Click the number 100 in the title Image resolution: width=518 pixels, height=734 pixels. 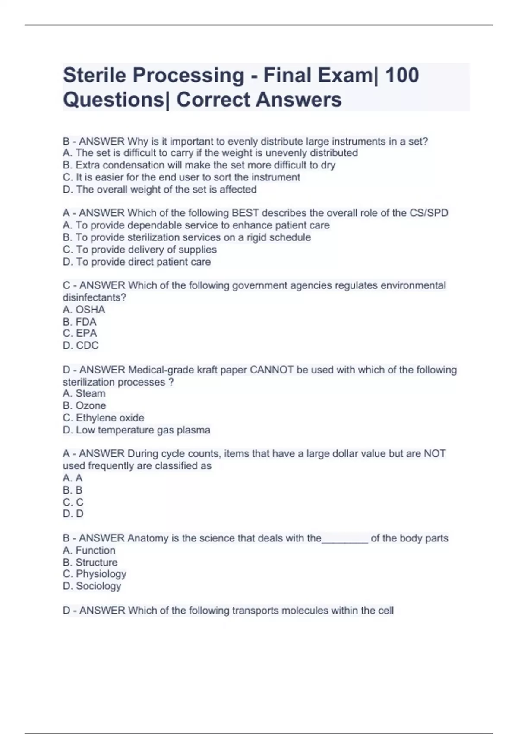click(401, 75)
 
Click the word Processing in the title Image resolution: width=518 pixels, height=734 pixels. click(189, 75)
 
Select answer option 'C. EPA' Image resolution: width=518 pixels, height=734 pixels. click(80, 333)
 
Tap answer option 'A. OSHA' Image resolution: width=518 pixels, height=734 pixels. click(84, 310)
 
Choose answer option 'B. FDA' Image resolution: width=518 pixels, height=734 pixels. click(80, 322)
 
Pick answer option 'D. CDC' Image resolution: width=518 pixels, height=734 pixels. click(81, 345)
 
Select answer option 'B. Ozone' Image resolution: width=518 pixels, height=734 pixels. click(85, 405)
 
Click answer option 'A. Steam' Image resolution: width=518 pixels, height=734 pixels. click(84, 393)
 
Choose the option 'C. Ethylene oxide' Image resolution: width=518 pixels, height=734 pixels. click(104, 418)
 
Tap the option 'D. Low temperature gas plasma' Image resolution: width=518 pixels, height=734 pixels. click(137, 430)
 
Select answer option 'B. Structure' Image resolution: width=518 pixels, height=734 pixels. click(90, 562)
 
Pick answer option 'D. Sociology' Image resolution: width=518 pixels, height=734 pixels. click(92, 586)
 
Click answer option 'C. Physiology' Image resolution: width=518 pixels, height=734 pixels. click(95, 574)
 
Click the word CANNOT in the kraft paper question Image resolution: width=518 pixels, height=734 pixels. click(272, 370)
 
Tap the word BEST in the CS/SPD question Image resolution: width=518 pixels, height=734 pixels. click(245, 213)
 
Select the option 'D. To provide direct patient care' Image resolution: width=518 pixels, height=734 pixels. click(137, 262)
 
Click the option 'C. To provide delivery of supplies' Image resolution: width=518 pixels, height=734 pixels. click(140, 250)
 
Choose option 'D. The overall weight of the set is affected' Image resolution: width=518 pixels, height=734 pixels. click(160, 189)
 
